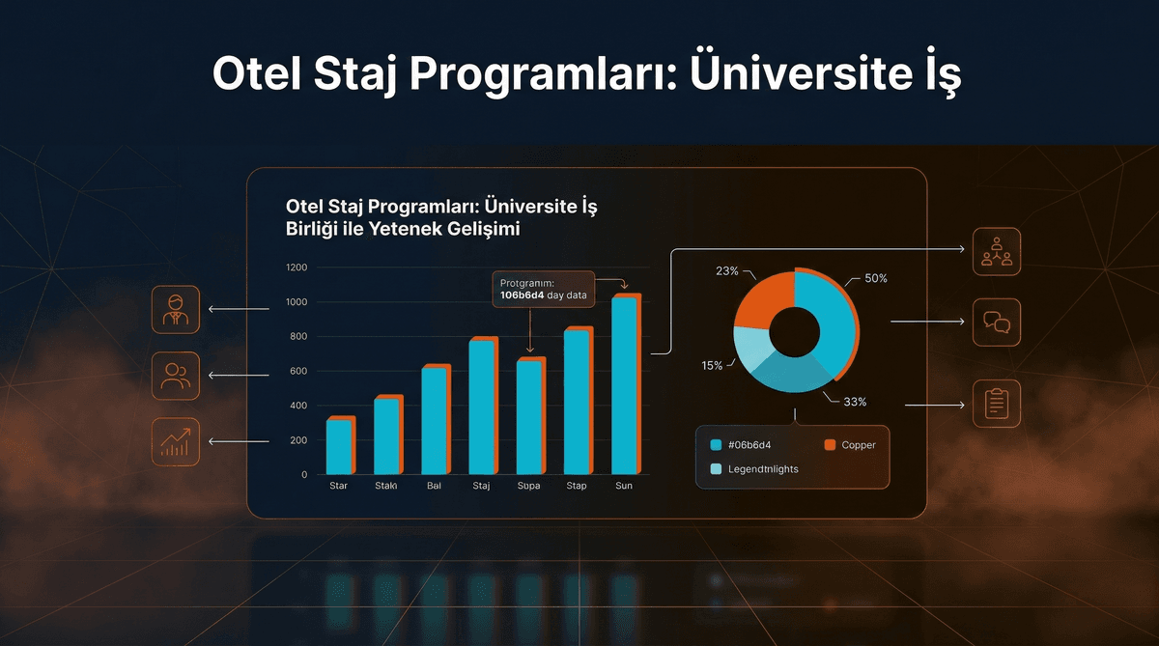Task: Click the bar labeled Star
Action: (340, 446)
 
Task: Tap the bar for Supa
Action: (530, 417)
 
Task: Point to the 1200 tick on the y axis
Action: (297, 267)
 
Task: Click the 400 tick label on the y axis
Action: (297, 406)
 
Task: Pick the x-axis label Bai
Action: (435, 486)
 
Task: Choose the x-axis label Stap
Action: (577, 486)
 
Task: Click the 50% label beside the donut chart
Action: (875, 278)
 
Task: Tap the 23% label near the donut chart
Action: (727, 271)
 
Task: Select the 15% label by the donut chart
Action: (712, 366)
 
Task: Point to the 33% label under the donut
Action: (855, 402)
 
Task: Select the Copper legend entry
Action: (850, 445)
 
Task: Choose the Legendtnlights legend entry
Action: (754, 469)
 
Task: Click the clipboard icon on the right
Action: (996, 404)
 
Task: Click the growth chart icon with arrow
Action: (176, 441)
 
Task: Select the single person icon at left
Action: (176, 309)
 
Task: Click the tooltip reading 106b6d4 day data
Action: (544, 289)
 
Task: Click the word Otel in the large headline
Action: (255, 74)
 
